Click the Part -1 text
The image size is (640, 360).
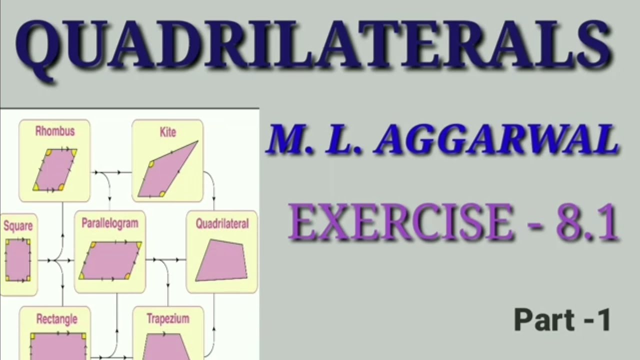coord(562,320)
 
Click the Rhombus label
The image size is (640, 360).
coord(55,131)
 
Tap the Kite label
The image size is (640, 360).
coord(168,132)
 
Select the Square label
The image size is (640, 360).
coord(18,226)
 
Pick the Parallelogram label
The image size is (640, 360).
coord(110,223)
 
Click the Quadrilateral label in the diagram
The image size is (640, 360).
coord(222,223)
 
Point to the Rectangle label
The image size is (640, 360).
coord(56,318)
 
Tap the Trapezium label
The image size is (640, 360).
coord(168,318)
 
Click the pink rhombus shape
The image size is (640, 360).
coord(55,170)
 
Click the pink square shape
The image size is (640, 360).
coord(18,260)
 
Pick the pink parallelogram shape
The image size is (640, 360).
coord(110,260)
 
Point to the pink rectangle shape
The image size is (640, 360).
coord(58,346)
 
